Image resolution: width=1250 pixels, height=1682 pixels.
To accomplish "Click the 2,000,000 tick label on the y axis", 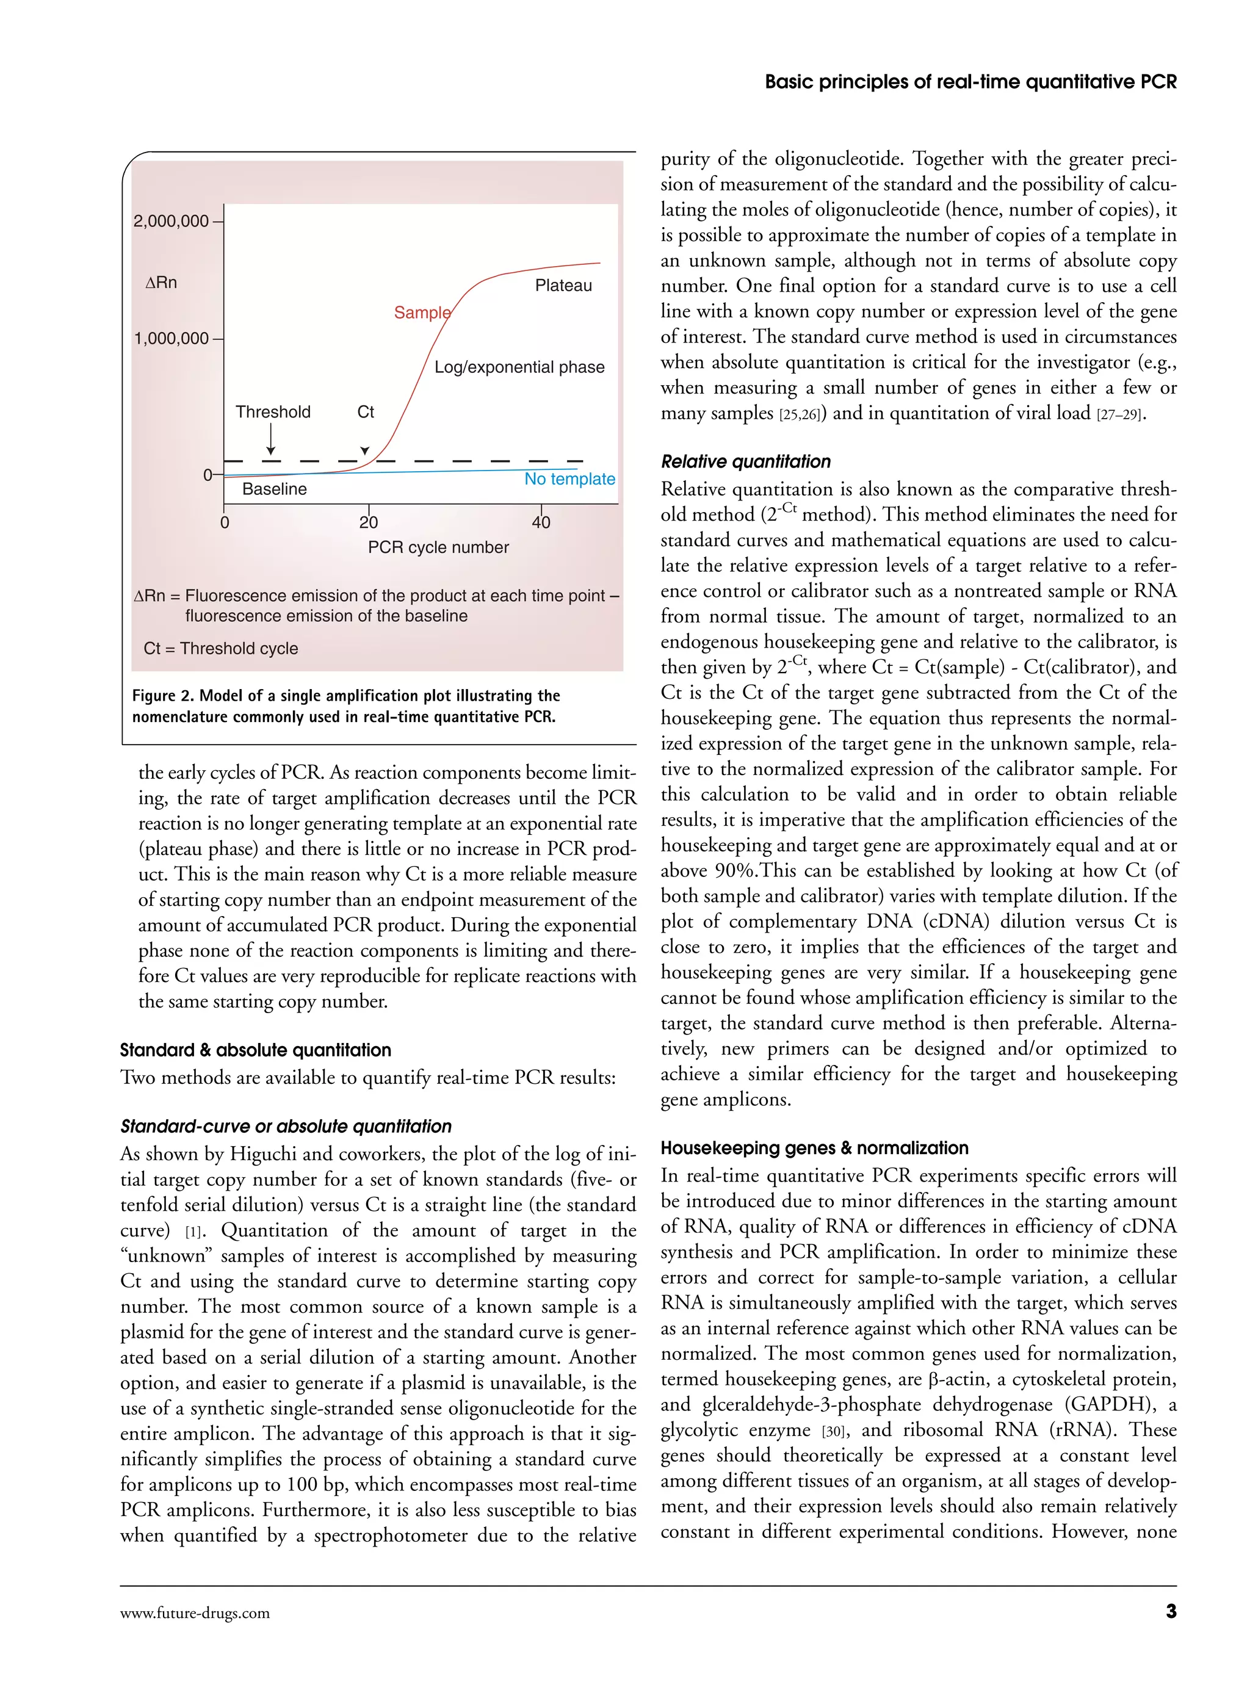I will pos(171,221).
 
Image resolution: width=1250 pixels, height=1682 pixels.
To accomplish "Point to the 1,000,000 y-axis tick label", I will pos(172,338).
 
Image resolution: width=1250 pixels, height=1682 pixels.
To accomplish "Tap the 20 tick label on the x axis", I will pos(369,522).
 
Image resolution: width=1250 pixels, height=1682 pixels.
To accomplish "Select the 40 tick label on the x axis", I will pos(541,522).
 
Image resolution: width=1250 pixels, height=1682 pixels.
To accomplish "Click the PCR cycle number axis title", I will pos(438,547).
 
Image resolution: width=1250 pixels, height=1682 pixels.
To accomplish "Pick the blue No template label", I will pos(570,479).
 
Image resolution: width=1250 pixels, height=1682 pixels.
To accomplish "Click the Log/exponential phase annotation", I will pos(519,367).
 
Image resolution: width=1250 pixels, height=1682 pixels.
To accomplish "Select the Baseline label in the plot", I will pos(274,489).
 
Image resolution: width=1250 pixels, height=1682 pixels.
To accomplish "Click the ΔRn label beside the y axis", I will pos(161,282).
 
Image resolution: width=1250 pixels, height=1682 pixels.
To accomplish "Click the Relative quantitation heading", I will pos(745,461).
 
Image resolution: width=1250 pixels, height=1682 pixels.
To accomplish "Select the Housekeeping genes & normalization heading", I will pos(814,1148).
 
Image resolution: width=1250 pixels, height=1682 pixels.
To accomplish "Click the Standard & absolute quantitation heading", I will pos(255,1050).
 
